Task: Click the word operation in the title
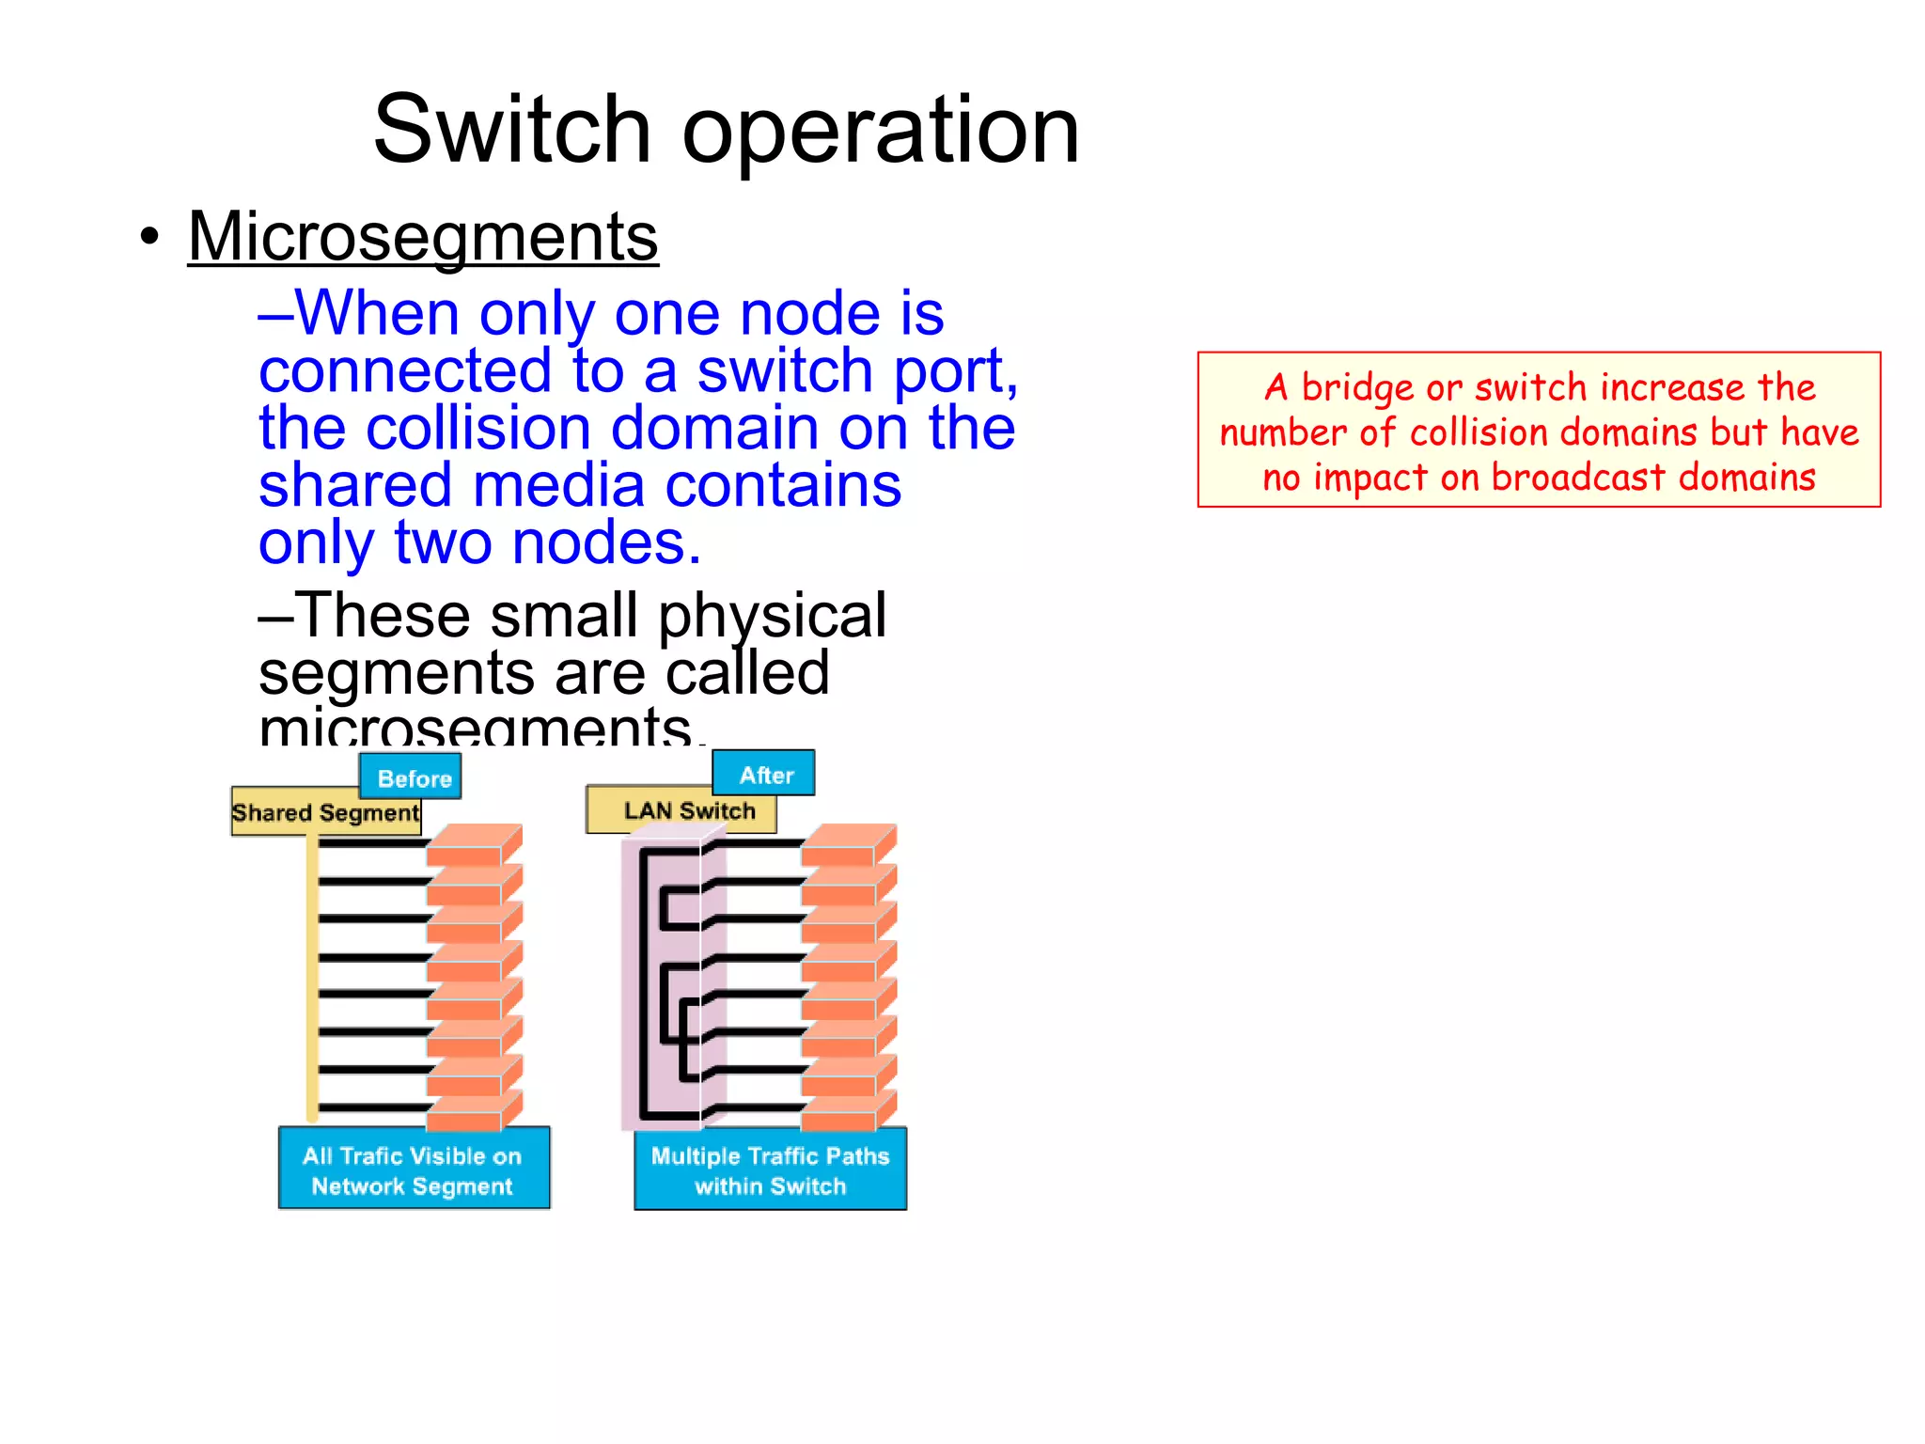tap(881, 132)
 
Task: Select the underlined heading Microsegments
tap(423, 237)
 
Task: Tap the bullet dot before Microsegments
tap(149, 237)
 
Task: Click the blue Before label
tap(411, 777)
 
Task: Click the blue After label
tap(764, 774)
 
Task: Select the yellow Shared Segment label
tap(325, 812)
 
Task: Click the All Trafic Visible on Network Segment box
tap(414, 1169)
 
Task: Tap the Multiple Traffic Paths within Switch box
tap(770, 1169)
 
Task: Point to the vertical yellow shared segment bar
tap(312, 978)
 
